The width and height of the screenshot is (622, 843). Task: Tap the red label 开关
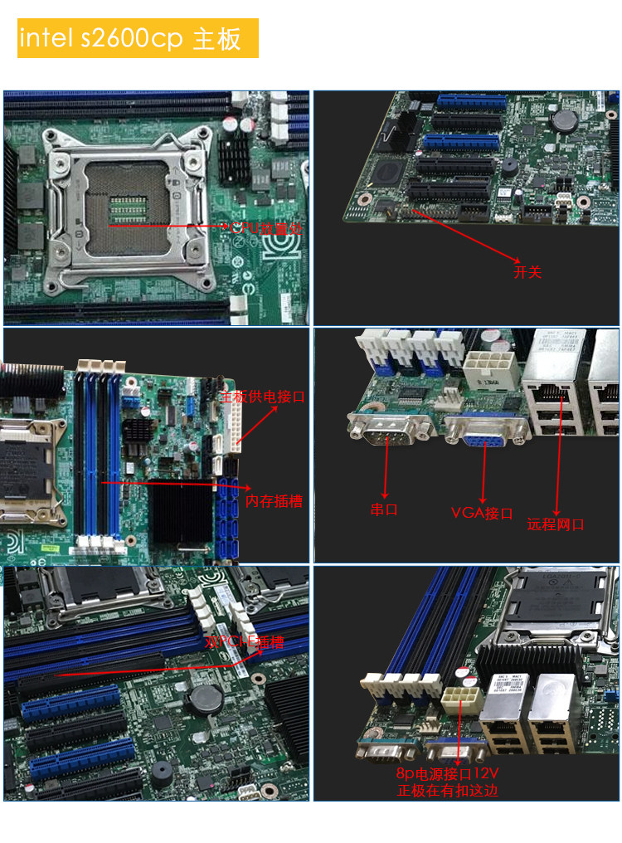(x=527, y=272)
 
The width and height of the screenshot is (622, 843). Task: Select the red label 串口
(x=384, y=509)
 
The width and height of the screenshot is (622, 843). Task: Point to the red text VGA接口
(x=482, y=513)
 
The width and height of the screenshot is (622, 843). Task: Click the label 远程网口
(x=556, y=524)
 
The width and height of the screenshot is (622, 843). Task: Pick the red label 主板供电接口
(x=262, y=397)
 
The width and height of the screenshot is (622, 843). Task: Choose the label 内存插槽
(x=275, y=501)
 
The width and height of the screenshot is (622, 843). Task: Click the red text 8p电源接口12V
(x=449, y=774)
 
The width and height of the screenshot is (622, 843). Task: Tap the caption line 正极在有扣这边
(x=448, y=791)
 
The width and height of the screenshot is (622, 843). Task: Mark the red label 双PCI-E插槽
(x=244, y=642)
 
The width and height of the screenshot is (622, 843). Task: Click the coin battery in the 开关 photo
(x=564, y=120)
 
